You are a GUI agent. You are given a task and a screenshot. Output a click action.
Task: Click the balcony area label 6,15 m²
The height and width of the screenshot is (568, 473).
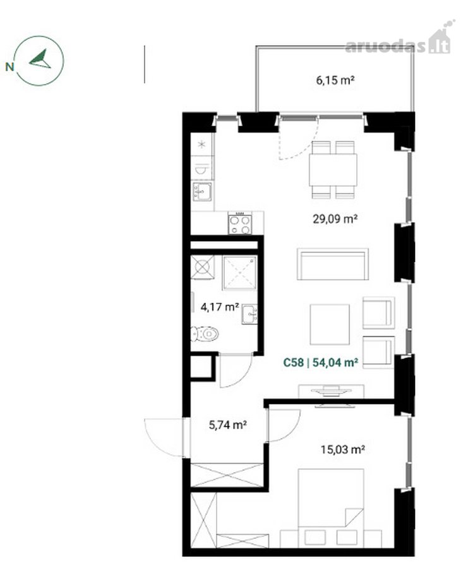pyautogui.click(x=335, y=80)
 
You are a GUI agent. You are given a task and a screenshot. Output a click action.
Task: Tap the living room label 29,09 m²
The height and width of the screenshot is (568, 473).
pyautogui.click(x=335, y=219)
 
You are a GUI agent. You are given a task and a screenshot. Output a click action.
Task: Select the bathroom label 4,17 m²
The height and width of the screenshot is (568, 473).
pyautogui.click(x=220, y=307)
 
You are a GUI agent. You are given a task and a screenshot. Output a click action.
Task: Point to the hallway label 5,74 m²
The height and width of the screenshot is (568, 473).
pyautogui.click(x=228, y=425)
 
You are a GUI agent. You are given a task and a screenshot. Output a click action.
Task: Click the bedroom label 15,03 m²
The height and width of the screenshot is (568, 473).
pyautogui.click(x=342, y=449)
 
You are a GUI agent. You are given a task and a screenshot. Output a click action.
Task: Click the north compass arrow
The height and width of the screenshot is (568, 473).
pyautogui.click(x=40, y=59)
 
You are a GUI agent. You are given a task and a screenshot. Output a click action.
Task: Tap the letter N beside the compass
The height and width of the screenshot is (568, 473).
pyautogui.click(x=9, y=67)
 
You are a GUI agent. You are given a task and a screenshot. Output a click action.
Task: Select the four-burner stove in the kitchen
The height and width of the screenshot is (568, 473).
pyautogui.click(x=240, y=224)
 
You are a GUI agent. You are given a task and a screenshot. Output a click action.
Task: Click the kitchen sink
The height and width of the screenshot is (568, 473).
pyautogui.click(x=203, y=192)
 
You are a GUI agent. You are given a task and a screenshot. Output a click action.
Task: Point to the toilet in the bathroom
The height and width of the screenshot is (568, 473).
pyautogui.click(x=205, y=334)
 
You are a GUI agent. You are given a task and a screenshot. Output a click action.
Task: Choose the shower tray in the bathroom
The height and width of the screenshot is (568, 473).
pyautogui.click(x=240, y=273)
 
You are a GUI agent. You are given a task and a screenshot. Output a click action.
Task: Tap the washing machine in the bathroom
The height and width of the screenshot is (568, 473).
pyautogui.click(x=203, y=268)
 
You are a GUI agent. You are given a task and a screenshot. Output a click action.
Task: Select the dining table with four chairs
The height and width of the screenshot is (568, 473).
pyautogui.click(x=333, y=170)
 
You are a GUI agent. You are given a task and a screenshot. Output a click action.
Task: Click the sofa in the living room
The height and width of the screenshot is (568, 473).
pyautogui.click(x=333, y=264)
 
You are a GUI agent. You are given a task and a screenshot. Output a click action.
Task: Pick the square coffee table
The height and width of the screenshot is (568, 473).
pyautogui.click(x=330, y=324)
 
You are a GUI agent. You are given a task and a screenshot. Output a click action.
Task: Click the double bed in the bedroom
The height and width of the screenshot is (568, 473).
pyautogui.click(x=330, y=498)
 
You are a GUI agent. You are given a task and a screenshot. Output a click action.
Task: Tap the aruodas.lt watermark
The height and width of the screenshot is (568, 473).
pyautogui.click(x=398, y=42)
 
